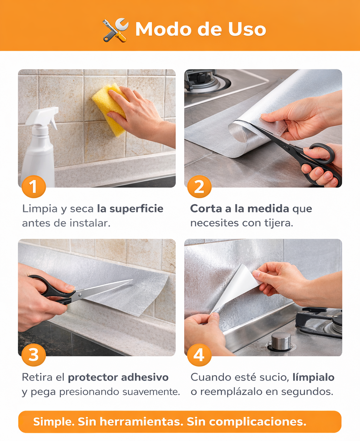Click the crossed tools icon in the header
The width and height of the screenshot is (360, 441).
[x=116, y=30]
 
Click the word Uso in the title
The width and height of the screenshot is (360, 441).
[x=247, y=29]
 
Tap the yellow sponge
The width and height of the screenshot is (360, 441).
[x=110, y=109]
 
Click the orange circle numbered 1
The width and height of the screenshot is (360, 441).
[x=34, y=186]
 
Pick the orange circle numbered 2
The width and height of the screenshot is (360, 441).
[x=199, y=186]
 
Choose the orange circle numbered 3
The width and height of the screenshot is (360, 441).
[x=34, y=355]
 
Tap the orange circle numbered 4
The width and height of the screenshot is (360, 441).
[x=199, y=355]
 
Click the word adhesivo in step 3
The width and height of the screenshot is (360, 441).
[x=145, y=377]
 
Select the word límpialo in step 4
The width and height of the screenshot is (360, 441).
[x=313, y=378]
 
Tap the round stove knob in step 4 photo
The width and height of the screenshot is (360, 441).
[x=281, y=341]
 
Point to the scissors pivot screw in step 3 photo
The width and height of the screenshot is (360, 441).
[x=79, y=295]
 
